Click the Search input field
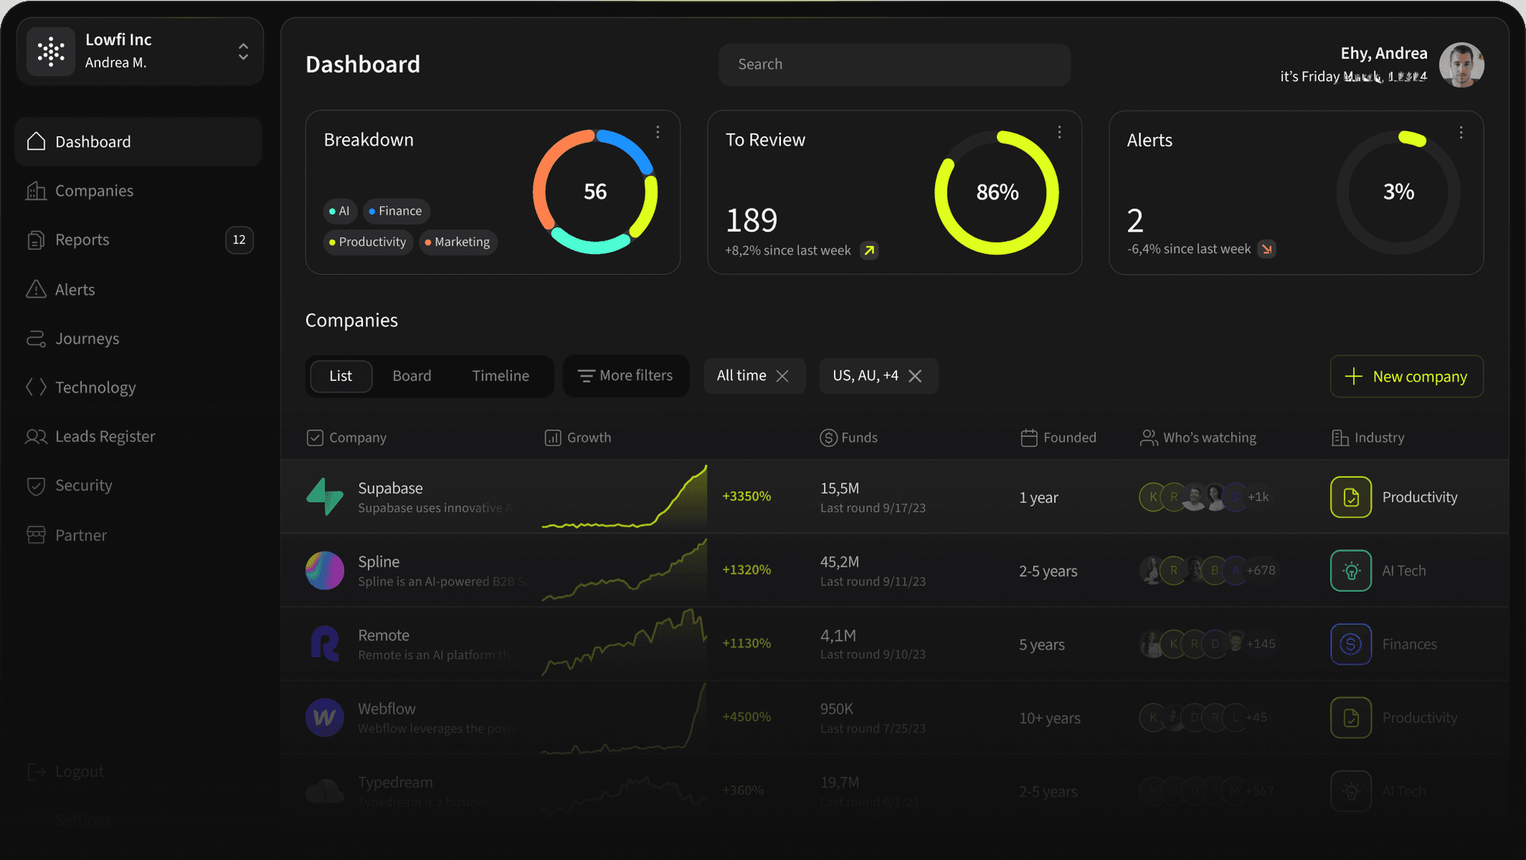point(894,64)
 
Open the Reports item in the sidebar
point(82,240)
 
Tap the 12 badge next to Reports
point(239,240)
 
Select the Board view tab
point(412,376)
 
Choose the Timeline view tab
point(501,376)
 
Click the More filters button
point(626,376)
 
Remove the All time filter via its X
point(782,376)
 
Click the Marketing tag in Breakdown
point(458,242)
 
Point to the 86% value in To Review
point(997,192)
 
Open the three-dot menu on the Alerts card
point(1461,133)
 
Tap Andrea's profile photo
point(1461,65)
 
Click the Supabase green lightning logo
point(325,496)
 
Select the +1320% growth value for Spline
point(747,570)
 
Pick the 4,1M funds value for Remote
point(838,636)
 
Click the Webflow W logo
point(325,717)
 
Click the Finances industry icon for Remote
point(1351,644)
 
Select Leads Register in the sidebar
point(105,437)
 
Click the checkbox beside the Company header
point(315,437)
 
